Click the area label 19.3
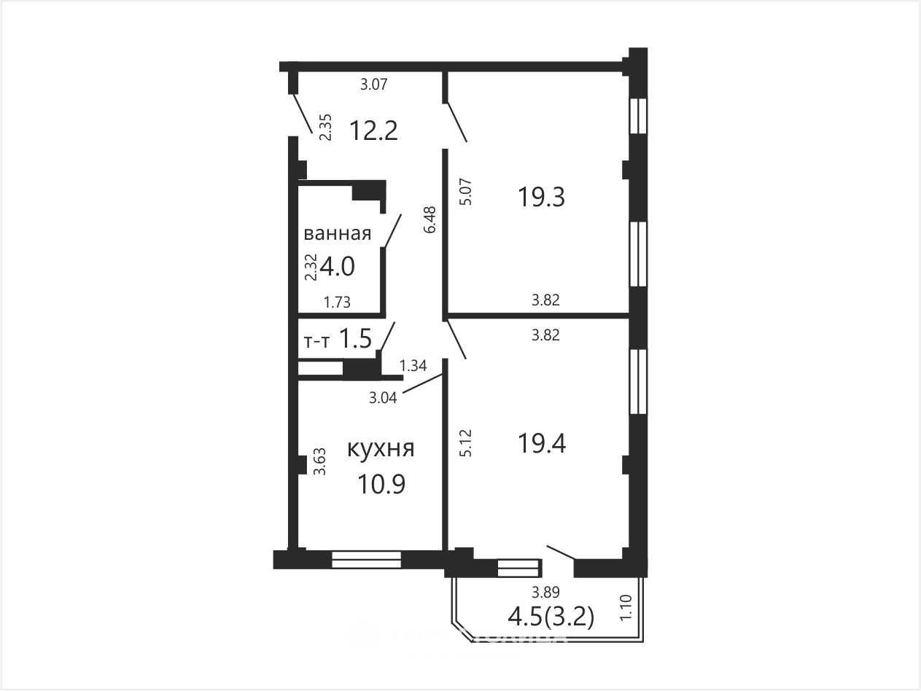click(x=542, y=197)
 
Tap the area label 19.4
click(x=542, y=444)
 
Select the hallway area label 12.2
click(x=373, y=130)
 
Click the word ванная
click(x=338, y=233)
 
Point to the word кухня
click(x=381, y=448)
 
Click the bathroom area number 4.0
click(x=337, y=267)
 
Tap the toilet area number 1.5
click(x=355, y=338)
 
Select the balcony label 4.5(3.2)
click(x=551, y=617)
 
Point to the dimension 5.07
click(x=466, y=192)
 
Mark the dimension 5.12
click(x=466, y=442)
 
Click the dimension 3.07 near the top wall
click(x=374, y=85)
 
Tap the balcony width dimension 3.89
click(x=546, y=592)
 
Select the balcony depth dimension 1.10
click(x=626, y=608)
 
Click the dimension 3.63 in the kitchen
click(x=319, y=461)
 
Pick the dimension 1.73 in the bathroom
click(x=337, y=302)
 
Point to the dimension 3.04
click(x=383, y=397)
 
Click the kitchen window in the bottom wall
click(x=366, y=559)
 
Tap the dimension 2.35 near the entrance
click(x=325, y=128)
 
